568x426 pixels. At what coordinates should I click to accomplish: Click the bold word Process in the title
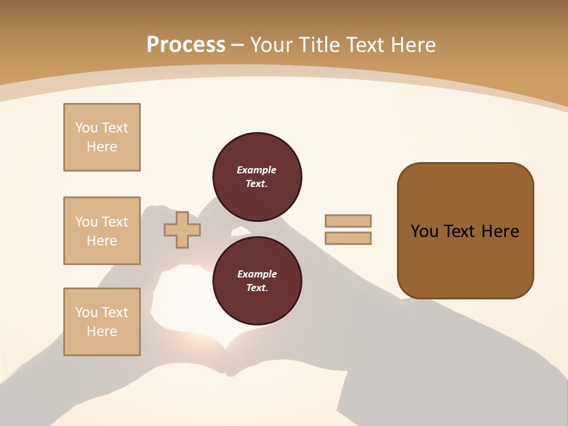pos(186,45)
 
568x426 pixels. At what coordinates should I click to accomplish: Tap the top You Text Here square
pos(102,137)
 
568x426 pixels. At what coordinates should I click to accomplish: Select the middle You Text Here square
pos(102,231)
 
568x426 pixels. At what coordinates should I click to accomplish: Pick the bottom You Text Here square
pos(102,322)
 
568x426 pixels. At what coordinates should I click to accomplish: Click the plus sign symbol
pos(182,230)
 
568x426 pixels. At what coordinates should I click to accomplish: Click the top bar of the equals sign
pos(348,221)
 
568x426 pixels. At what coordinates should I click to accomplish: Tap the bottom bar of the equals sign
pos(348,238)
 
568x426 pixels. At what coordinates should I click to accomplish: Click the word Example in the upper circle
pos(257,170)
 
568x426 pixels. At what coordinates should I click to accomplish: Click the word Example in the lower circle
pos(257,274)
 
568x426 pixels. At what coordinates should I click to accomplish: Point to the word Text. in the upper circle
pos(257,183)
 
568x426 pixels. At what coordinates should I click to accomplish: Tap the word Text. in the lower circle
pos(257,288)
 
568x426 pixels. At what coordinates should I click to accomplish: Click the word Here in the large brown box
pos(500,231)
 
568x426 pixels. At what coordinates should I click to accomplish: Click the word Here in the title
pos(414,45)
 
